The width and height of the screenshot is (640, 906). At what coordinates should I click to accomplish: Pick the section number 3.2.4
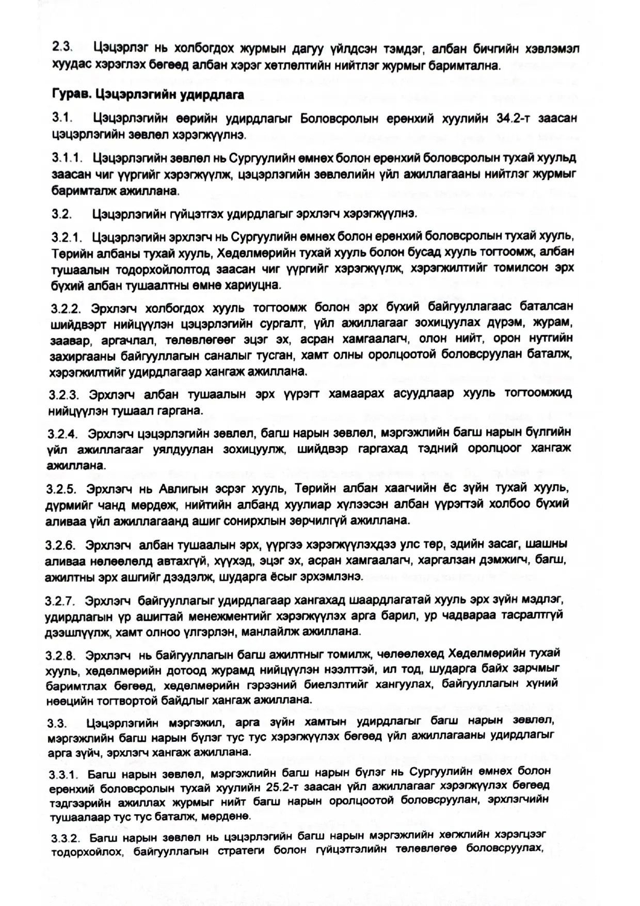[x=63, y=433]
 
